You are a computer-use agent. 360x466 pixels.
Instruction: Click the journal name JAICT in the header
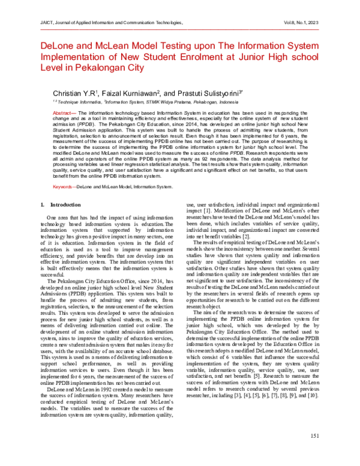point(32,21)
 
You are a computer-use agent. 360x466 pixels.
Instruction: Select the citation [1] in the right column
point(205,212)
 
